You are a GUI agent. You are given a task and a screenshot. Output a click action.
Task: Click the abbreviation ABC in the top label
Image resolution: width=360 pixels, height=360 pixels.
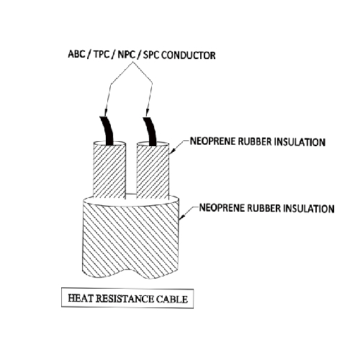tap(76, 54)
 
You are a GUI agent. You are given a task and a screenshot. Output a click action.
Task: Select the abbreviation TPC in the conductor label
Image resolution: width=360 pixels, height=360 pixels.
tap(102, 55)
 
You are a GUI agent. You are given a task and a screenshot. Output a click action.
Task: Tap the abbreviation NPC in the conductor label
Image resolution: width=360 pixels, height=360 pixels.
tap(127, 55)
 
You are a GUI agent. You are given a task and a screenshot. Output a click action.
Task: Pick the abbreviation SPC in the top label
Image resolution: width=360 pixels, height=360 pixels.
tap(151, 55)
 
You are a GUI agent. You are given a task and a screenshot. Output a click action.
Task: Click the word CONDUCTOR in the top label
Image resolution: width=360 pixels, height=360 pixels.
tap(189, 55)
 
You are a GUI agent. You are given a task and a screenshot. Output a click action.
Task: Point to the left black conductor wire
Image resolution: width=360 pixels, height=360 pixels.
tap(107, 131)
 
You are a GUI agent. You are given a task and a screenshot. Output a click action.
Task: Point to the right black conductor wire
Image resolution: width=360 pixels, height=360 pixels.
tap(150, 132)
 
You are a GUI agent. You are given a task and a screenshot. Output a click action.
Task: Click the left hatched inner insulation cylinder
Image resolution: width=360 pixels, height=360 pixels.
tap(109, 171)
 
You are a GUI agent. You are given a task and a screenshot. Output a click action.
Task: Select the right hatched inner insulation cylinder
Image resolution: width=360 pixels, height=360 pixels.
tap(153, 171)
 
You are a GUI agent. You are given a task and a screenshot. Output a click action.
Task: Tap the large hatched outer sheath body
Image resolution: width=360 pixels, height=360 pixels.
tap(130, 239)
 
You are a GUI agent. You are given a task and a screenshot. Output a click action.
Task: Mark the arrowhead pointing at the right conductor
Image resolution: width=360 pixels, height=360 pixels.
tap(148, 112)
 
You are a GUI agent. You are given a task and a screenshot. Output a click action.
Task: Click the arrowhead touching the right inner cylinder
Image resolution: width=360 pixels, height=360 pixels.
tap(172, 150)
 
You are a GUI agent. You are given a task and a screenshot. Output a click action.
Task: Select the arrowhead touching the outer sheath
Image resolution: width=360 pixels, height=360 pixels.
tap(182, 216)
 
